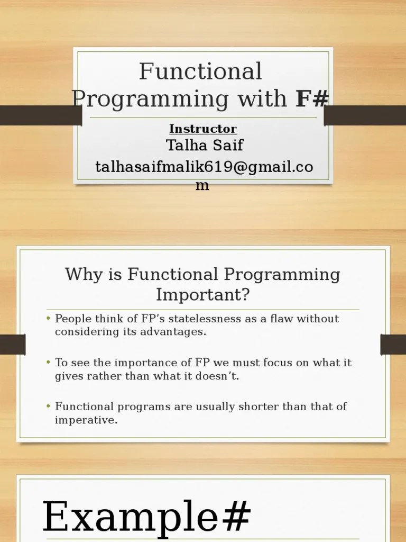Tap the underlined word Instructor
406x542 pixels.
(x=203, y=129)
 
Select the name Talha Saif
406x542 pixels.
(x=205, y=144)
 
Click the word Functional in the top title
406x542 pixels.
(x=200, y=71)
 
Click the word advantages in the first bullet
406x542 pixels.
(x=176, y=332)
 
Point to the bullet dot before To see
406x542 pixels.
(x=49, y=363)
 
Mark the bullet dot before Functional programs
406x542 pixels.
(x=49, y=407)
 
